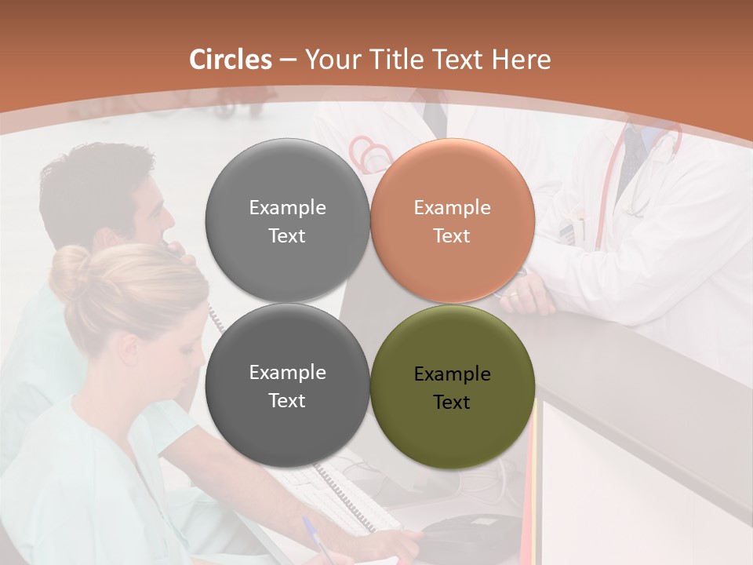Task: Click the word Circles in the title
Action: coord(231,60)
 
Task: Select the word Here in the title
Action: coord(522,60)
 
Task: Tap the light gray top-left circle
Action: coord(287,221)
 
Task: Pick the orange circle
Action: coord(452,221)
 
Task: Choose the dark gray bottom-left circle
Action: coord(287,385)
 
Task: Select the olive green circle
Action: coord(452,387)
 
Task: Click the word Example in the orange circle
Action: coord(452,207)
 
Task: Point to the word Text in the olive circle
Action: coord(452,403)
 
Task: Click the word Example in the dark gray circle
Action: coord(287,373)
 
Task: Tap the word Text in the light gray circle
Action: coord(287,235)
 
